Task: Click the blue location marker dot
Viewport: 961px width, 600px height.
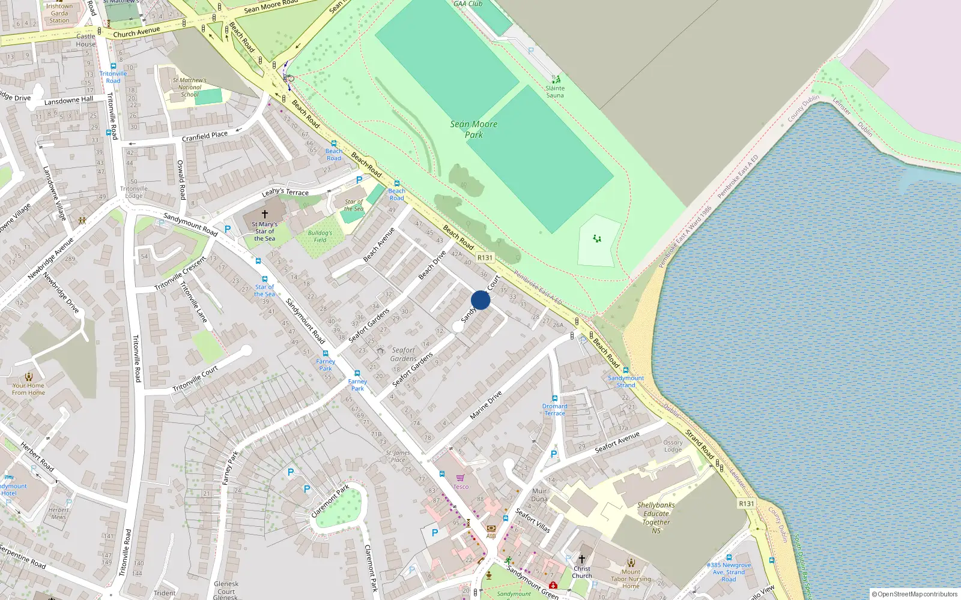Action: tap(480, 300)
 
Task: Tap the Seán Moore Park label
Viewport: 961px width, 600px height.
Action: tap(474, 129)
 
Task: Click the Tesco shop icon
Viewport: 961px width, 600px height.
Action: tap(460, 478)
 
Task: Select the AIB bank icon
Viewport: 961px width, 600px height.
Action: tap(491, 528)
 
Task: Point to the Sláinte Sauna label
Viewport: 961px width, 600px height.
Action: tap(555, 91)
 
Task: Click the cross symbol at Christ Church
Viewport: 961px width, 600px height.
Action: tap(581, 559)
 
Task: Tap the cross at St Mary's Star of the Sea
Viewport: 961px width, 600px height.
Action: tap(264, 214)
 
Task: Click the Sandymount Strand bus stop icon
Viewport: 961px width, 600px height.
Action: tap(626, 370)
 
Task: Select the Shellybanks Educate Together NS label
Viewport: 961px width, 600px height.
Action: tap(656, 518)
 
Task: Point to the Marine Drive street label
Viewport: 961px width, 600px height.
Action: tap(485, 405)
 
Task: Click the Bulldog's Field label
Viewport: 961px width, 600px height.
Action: tap(320, 236)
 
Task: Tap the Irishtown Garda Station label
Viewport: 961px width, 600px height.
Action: tap(59, 13)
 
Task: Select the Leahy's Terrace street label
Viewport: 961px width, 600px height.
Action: tap(285, 191)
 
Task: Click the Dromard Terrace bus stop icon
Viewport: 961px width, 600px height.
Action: tap(554, 398)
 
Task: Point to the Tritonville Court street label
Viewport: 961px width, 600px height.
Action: tap(195, 379)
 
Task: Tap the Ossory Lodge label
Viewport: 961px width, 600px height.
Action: tap(673, 446)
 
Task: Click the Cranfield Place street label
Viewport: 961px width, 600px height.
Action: tap(205, 136)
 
